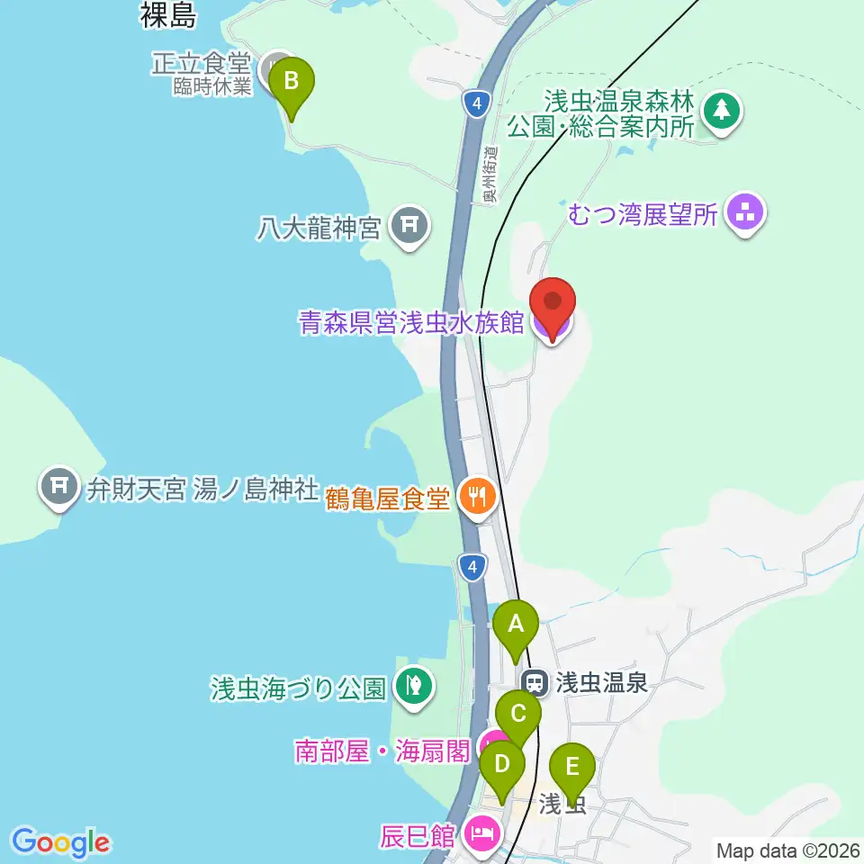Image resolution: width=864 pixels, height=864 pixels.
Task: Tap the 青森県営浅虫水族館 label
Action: (410, 323)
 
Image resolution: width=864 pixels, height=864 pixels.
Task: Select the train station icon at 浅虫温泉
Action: (535, 682)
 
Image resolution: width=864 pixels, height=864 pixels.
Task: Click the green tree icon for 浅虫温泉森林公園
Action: (721, 111)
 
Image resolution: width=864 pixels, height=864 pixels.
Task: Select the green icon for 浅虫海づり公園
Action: (413, 688)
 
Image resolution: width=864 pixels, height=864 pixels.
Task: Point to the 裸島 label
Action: (168, 15)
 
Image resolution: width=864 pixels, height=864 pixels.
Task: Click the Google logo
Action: (61, 842)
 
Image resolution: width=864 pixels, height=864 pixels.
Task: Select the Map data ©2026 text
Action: (787, 849)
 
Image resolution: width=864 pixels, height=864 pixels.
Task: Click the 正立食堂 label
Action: (201, 63)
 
